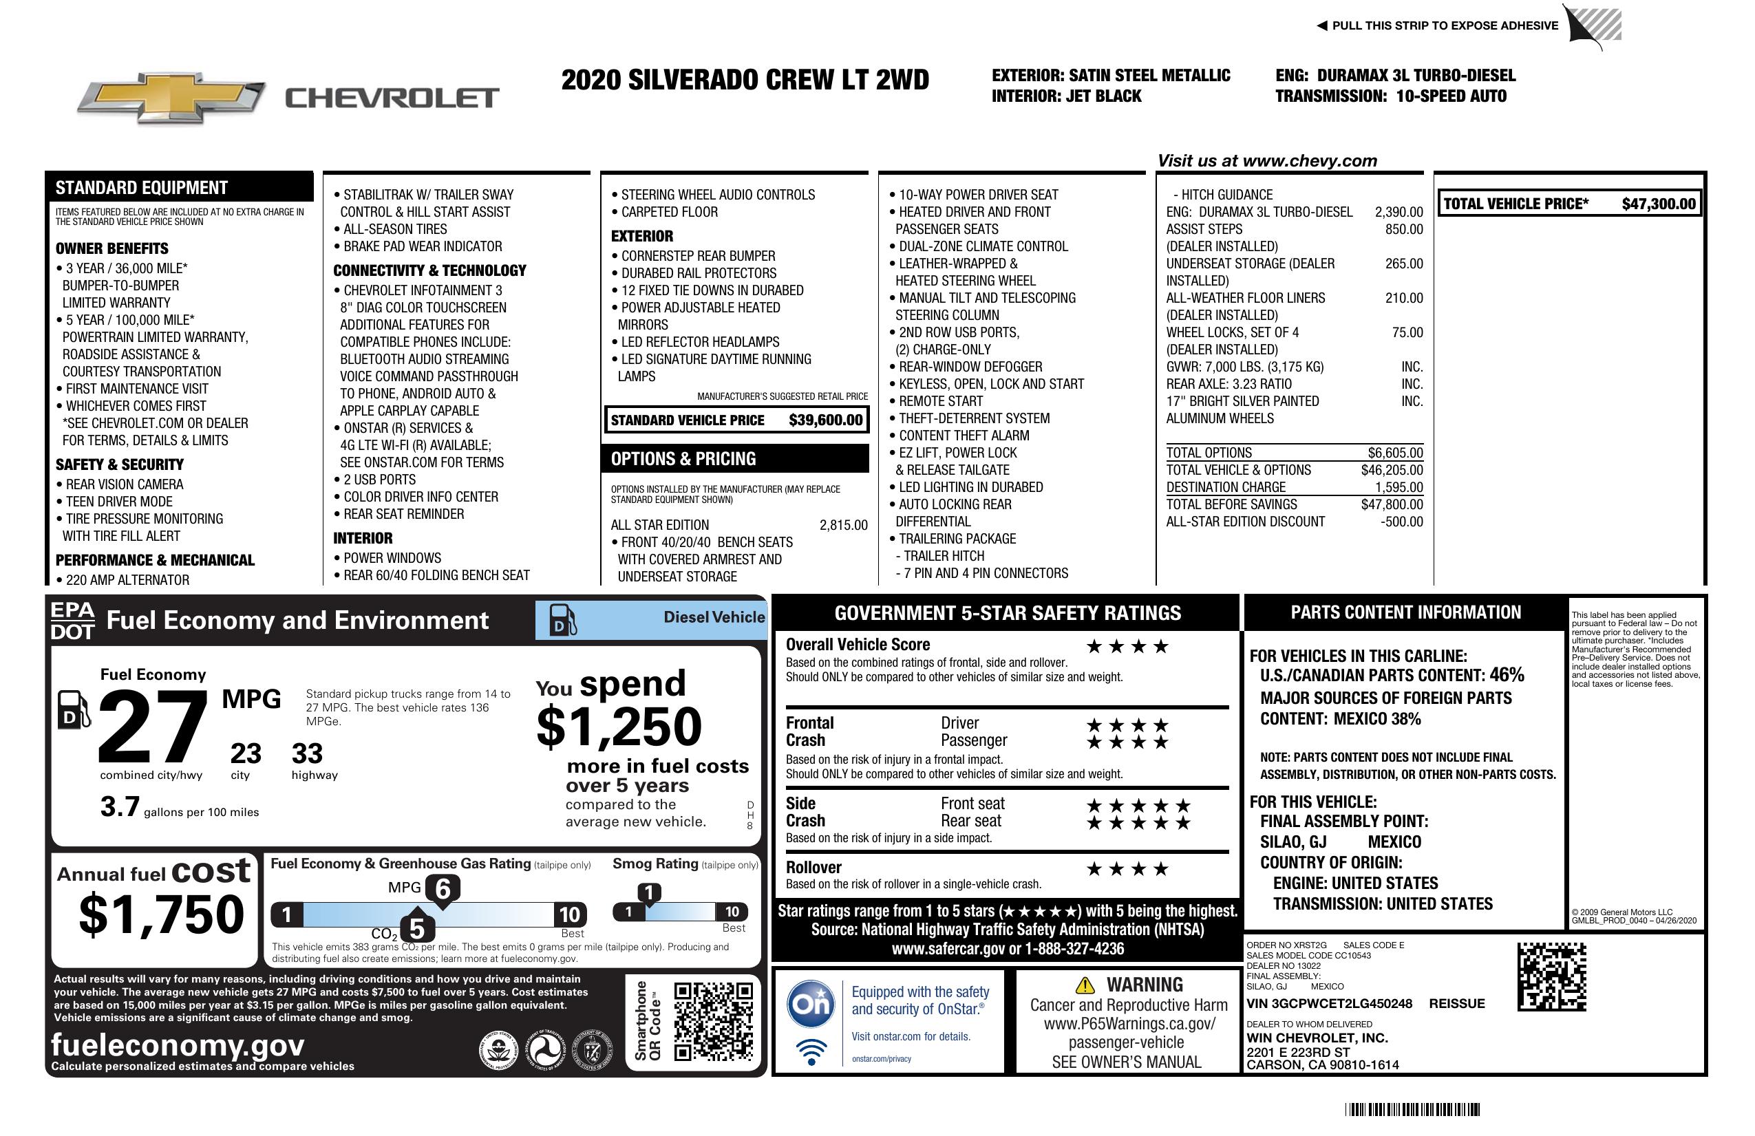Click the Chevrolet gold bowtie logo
(x=171, y=97)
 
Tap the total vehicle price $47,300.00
(x=1659, y=204)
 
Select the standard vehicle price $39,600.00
(x=825, y=420)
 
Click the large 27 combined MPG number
(x=153, y=727)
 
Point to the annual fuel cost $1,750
(x=162, y=914)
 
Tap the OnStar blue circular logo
(x=811, y=1003)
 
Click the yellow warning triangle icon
(x=1085, y=985)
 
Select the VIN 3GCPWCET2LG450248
(x=1329, y=1003)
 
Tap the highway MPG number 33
(x=307, y=753)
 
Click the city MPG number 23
(x=246, y=753)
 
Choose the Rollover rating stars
(x=1127, y=869)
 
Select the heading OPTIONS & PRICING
(x=683, y=458)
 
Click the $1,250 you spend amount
(x=619, y=727)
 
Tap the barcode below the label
(x=1412, y=1109)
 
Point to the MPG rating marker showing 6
(x=443, y=889)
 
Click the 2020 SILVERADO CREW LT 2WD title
(x=745, y=80)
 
